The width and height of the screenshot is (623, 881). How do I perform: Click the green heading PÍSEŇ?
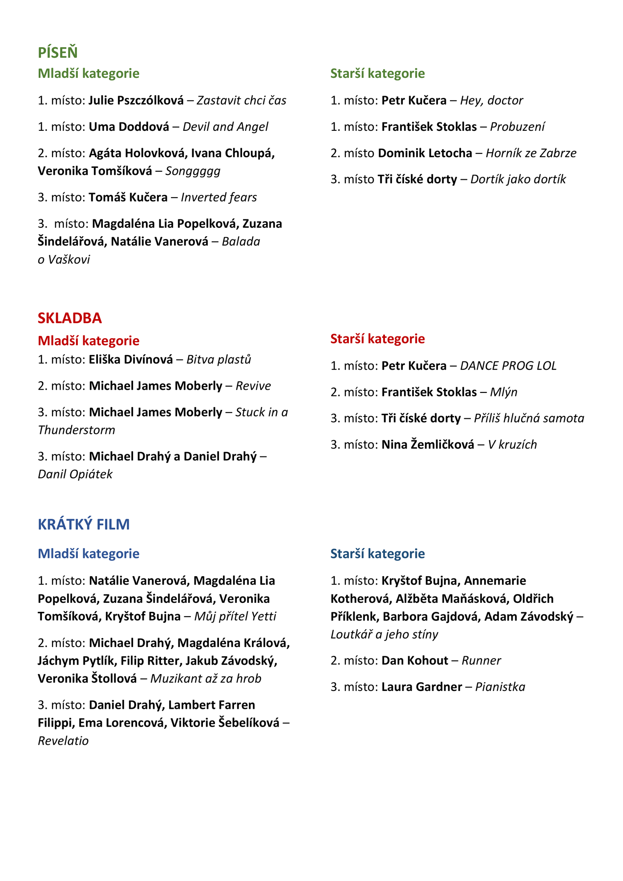[x=58, y=53]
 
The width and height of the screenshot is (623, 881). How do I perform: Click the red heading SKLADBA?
[x=70, y=318]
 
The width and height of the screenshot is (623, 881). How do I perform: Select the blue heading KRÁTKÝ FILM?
[x=84, y=525]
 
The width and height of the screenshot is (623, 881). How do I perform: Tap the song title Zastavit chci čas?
[x=242, y=101]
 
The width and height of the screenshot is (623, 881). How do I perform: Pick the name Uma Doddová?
[x=129, y=127]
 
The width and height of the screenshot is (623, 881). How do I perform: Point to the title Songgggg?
[x=193, y=171]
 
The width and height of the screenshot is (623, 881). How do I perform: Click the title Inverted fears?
[x=219, y=197]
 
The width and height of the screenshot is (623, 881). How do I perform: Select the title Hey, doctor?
[x=491, y=101]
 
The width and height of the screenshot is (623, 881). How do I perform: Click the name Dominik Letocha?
[x=425, y=153]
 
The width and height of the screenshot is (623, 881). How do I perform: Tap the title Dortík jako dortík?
[x=518, y=179]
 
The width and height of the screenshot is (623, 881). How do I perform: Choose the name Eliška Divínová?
[x=131, y=360]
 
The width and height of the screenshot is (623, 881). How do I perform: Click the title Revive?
[x=253, y=386]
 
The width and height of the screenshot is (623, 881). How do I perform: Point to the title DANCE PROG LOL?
[x=508, y=366]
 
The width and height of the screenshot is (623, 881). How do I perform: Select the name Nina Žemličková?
[x=428, y=445]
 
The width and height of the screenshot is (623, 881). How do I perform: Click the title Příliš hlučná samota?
[x=529, y=418]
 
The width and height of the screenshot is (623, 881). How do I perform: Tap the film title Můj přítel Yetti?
[x=235, y=616]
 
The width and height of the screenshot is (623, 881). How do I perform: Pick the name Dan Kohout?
[x=415, y=660]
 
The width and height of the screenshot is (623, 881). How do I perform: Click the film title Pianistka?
[x=500, y=687]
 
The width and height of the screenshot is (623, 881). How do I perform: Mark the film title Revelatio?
[x=63, y=741]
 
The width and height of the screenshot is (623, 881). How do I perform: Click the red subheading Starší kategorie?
[x=377, y=339]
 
